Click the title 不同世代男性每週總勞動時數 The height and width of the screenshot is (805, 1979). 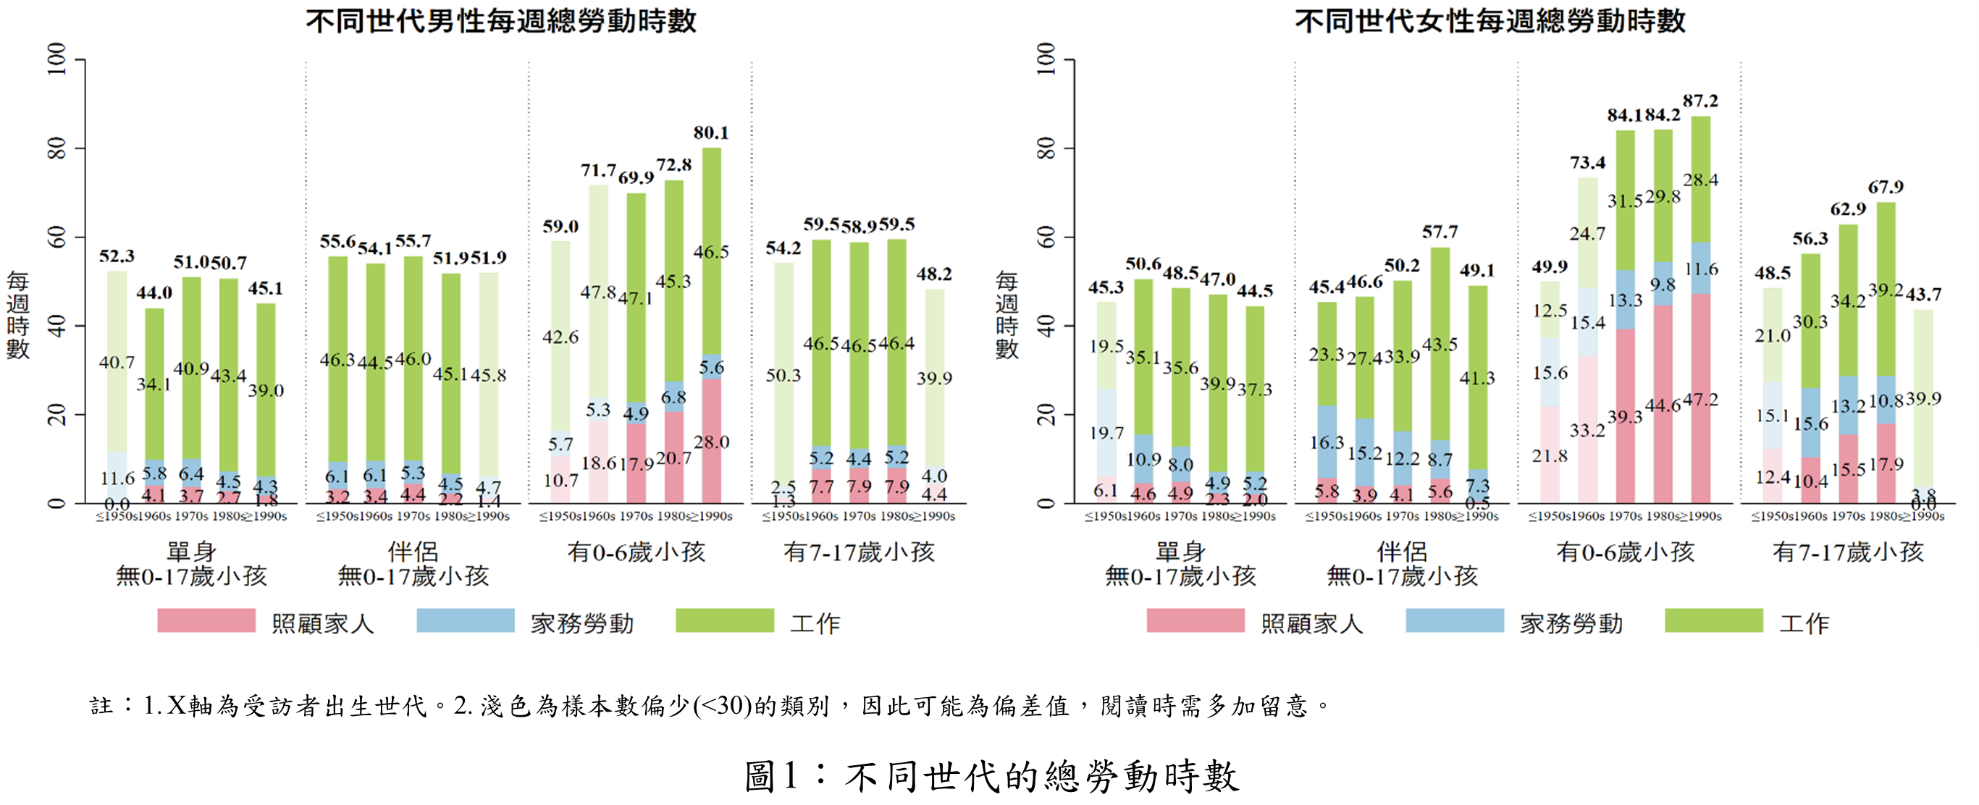(501, 21)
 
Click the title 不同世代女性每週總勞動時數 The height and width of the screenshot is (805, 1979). (1489, 21)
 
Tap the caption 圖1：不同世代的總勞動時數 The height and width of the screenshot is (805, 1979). (991, 776)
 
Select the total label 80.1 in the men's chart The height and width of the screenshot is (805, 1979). (711, 133)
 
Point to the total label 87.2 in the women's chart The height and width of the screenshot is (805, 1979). (1700, 101)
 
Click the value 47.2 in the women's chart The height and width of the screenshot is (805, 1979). (1700, 400)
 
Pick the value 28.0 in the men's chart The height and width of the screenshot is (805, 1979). (711, 442)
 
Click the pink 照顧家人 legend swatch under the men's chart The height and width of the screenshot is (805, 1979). (206, 620)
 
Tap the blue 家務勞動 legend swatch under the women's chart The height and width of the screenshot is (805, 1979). (1454, 620)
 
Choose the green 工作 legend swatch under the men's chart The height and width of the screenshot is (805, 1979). (724, 620)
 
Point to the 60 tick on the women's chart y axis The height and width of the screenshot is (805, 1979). (1046, 237)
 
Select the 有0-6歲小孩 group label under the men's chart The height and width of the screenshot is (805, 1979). (636, 552)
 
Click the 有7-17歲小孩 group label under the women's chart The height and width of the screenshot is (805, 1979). (1849, 552)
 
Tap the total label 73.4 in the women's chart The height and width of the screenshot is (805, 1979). (1588, 163)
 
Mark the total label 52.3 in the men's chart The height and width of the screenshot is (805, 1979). (117, 256)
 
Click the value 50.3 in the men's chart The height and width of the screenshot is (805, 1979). (783, 376)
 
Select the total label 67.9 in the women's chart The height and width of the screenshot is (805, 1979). (1886, 187)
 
